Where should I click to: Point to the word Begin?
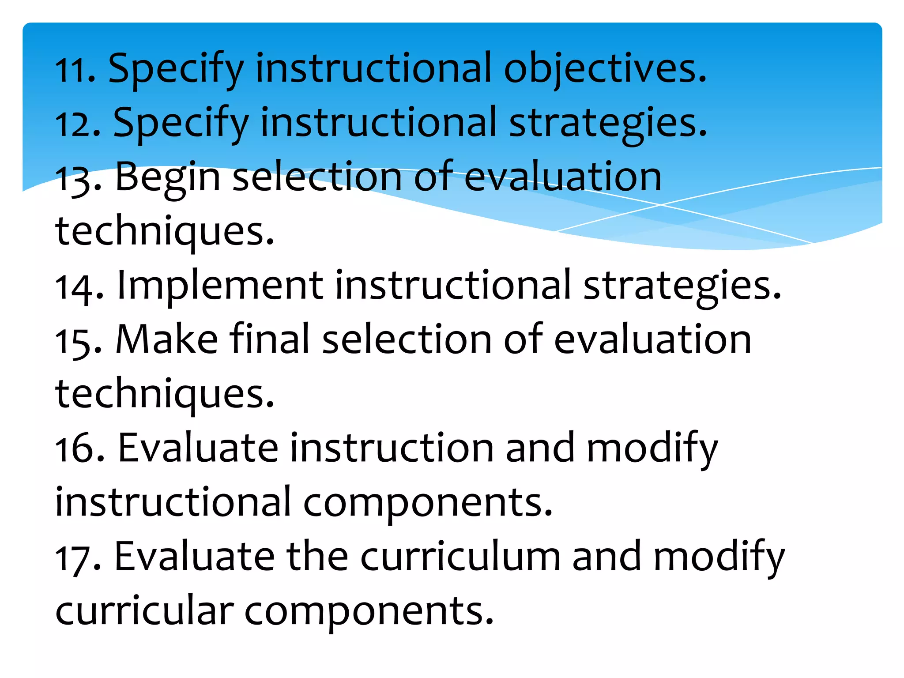click(168, 177)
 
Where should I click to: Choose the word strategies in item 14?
click(682, 286)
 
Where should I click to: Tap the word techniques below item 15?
click(164, 394)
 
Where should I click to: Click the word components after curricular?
click(369, 612)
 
